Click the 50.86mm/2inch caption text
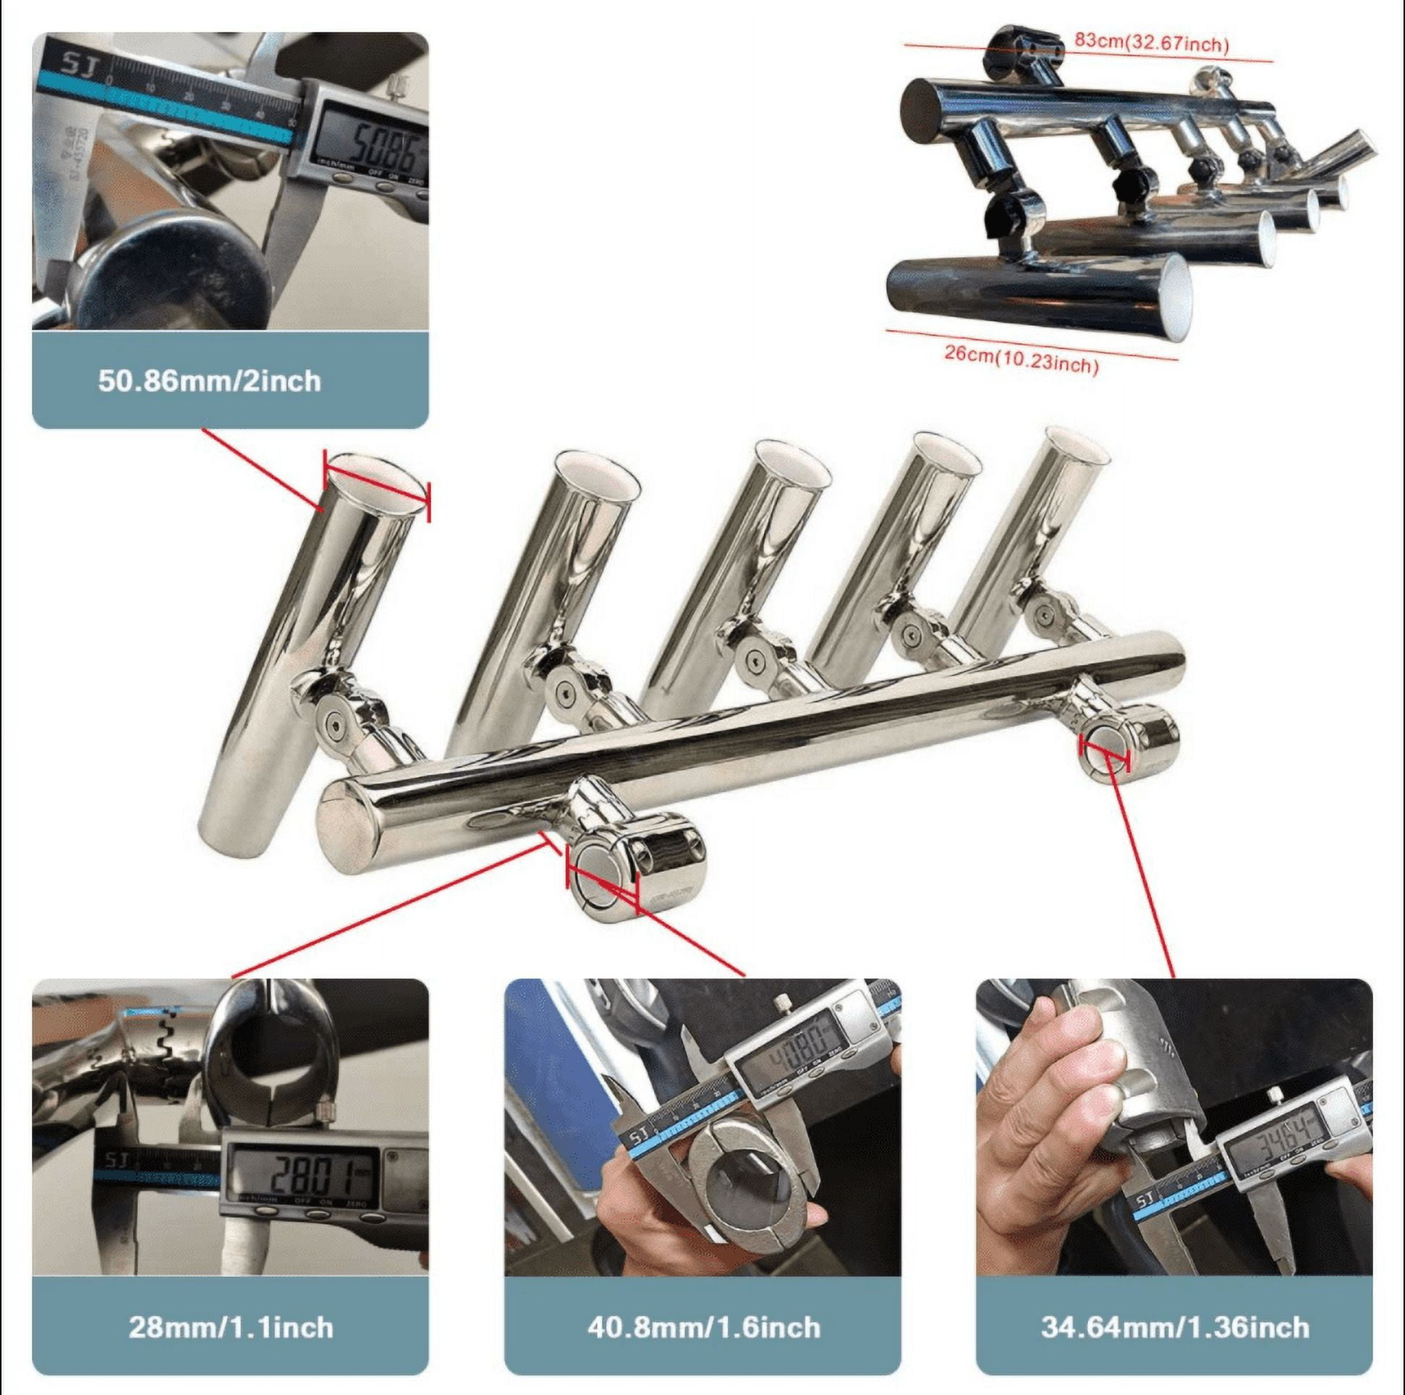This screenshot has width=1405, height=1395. pyautogui.click(x=209, y=381)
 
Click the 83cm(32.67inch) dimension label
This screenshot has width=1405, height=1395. pyautogui.click(x=1151, y=43)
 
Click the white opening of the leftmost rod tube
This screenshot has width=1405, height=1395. pyautogui.click(x=374, y=480)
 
